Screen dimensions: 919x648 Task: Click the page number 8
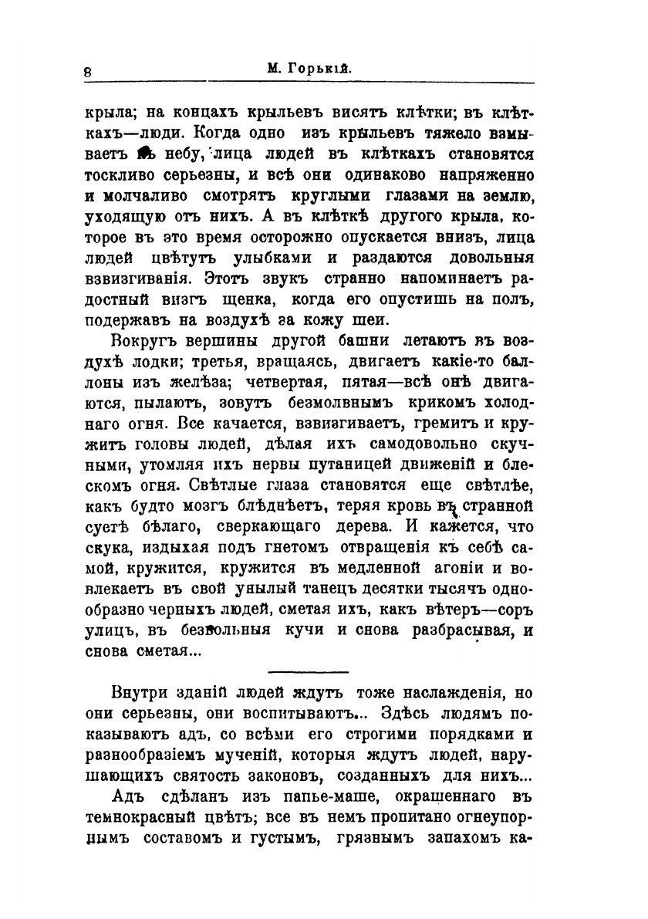[x=89, y=70]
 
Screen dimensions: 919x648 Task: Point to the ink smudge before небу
[x=148, y=154]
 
